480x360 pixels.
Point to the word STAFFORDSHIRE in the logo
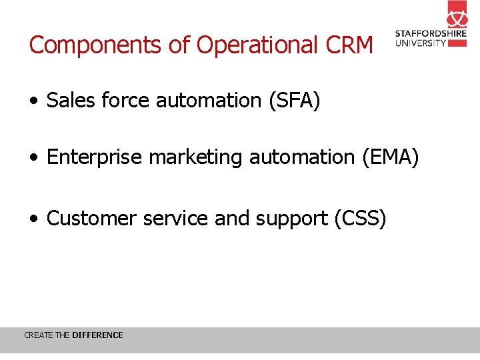tap(431, 34)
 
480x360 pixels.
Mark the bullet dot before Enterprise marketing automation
tap(33, 159)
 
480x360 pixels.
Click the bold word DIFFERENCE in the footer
tap(97, 335)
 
